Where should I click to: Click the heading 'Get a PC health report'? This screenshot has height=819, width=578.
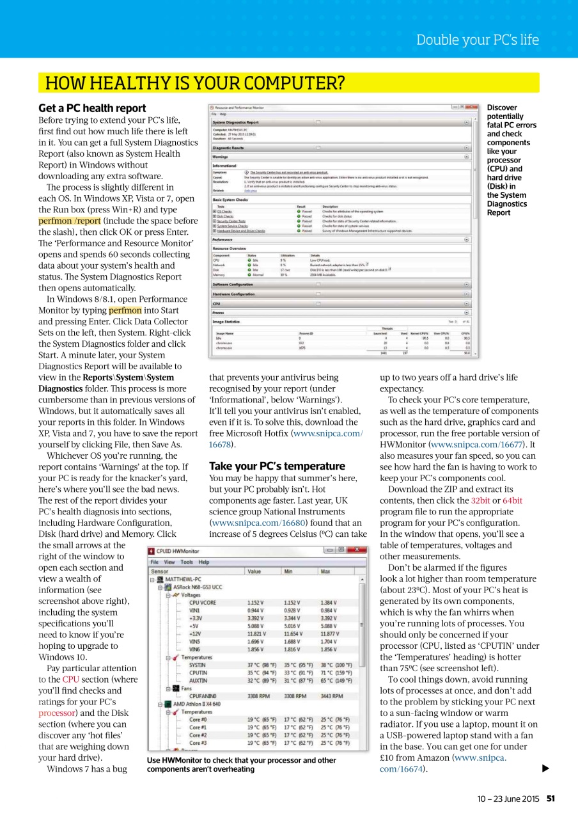92,108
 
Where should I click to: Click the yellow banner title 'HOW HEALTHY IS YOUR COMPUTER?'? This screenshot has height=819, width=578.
194,83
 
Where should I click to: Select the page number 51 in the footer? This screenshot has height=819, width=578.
551,798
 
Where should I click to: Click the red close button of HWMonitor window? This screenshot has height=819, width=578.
359,550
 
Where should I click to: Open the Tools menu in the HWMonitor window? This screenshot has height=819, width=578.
186,562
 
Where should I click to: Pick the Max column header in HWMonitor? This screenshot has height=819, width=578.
327,571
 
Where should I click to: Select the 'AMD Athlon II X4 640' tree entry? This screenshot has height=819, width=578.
196,703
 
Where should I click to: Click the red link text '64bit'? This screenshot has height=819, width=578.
512,500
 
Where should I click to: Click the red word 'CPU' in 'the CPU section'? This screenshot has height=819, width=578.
70,680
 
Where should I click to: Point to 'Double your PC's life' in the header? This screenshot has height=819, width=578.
477,40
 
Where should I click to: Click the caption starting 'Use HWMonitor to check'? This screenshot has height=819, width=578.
241,765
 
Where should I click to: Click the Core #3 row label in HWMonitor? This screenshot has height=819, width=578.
198,743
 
